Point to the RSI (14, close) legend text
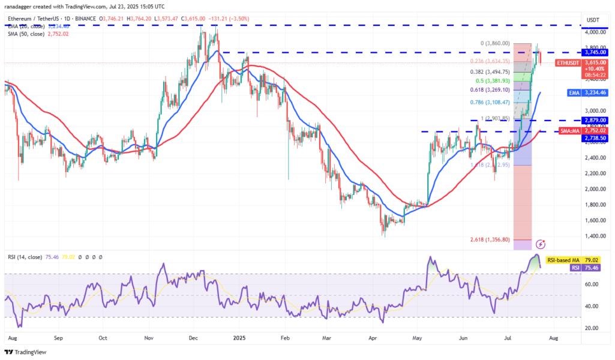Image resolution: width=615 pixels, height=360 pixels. tap(24, 257)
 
